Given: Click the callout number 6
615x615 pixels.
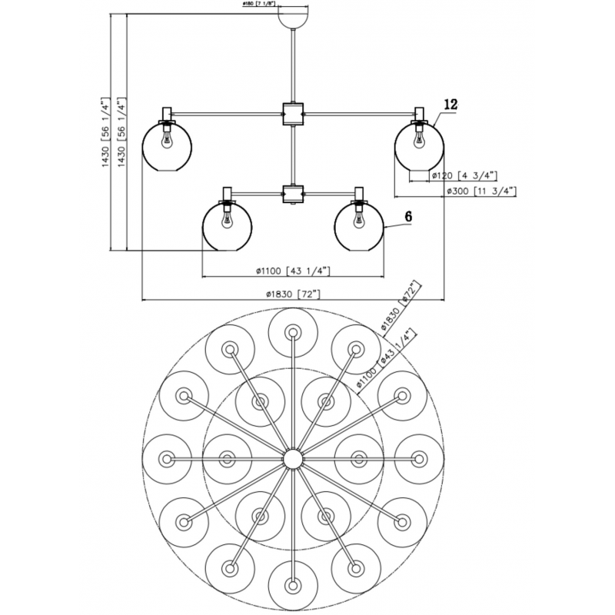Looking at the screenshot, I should (407, 217).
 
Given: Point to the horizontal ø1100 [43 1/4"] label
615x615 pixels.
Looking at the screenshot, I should (292, 270).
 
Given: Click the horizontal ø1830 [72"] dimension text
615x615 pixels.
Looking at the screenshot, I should (292, 293).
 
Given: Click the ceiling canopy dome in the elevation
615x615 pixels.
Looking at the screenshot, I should (293, 16).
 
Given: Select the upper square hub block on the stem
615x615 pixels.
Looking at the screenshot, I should (293, 114).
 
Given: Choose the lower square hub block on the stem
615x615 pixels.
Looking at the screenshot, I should (292, 192).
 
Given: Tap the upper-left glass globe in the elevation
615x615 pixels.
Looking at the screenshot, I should (165, 146).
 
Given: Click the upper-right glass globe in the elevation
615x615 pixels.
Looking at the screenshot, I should (419, 146).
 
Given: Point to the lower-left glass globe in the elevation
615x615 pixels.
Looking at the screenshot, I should (226, 226).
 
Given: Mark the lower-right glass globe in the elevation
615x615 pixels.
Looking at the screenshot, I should (358, 226).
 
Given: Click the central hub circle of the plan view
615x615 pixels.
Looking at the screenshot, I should (292, 459).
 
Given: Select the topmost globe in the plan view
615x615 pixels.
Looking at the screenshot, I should (292, 332).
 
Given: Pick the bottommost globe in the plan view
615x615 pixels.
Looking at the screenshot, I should (292, 586).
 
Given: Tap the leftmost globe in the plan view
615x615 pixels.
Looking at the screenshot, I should (166, 459).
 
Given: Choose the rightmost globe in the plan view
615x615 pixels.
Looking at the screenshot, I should (419, 459).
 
